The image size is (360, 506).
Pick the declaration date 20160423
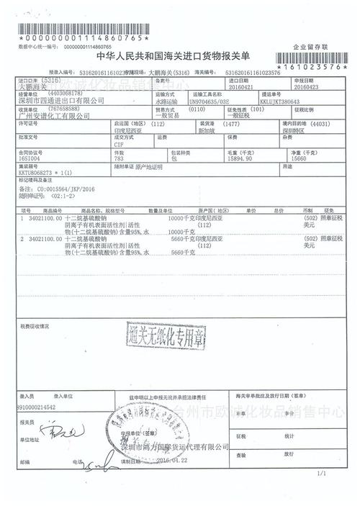click(x=298, y=89)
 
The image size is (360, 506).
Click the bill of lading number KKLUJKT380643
click(x=302, y=102)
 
